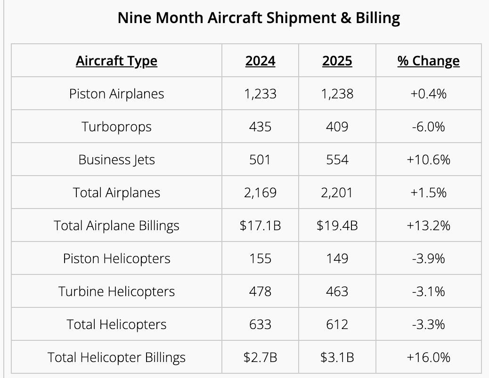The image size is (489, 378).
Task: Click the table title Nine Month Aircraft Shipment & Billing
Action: point(259,18)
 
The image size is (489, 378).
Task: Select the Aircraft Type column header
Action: point(116,61)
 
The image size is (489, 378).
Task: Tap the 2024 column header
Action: point(260,61)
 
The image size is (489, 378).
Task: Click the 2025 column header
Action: point(337,61)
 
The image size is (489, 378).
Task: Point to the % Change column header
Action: point(428,61)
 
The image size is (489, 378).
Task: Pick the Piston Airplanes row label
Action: point(116,94)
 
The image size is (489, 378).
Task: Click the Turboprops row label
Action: point(116,127)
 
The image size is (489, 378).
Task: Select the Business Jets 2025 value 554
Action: point(337,160)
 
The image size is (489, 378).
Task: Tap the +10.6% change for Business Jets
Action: point(428,160)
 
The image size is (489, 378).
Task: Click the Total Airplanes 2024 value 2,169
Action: point(260,193)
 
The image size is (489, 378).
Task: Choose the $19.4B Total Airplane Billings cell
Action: point(337,225)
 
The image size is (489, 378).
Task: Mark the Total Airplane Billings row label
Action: point(116,225)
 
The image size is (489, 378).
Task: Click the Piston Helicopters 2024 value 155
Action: point(260,258)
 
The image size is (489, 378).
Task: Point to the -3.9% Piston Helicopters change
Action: point(428,258)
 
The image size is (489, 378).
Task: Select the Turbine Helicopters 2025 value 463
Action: point(337,291)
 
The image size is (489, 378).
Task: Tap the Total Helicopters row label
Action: point(116,324)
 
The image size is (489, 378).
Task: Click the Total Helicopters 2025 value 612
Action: point(337,324)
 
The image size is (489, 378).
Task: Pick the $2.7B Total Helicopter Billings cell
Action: point(260,357)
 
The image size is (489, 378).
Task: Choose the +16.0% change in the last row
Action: point(428,357)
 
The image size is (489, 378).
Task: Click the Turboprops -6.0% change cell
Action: point(428,127)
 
